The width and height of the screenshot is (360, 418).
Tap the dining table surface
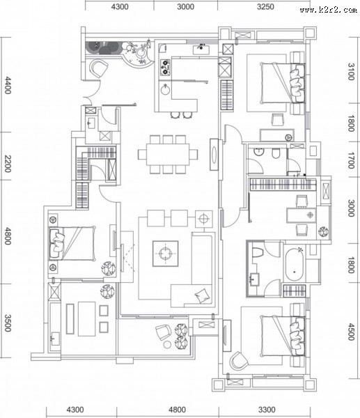click(168, 155)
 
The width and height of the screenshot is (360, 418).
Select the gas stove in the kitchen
click(165, 67)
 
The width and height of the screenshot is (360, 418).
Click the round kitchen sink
click(166, 89)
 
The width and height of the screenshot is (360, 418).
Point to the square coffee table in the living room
click(166, 254)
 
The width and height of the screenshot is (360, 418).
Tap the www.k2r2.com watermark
click(328, 10)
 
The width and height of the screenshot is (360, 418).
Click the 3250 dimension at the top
click(266, 6)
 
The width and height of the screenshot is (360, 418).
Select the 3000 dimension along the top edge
click(186, 6)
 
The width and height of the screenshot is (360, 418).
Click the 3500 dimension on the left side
click(8, 323)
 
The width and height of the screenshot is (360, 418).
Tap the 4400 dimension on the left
click(8, 85)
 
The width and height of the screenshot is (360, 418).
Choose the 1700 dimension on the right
click(352, 160)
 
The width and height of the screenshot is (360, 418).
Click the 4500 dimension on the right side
click(352, 332)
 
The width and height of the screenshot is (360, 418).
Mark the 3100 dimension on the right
click(352, 72)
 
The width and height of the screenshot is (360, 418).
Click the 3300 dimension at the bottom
click(267, 410)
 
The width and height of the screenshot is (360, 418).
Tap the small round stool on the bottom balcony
click(167, 344)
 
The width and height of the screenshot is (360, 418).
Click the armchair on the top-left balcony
click(98, 68)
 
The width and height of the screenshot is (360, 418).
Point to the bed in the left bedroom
click(72, 243)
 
